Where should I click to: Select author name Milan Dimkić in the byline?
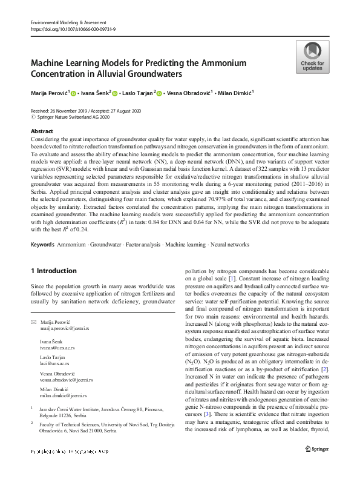pos(235,93)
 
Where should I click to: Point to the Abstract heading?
pos(41,131)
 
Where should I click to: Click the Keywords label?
pos(42,245)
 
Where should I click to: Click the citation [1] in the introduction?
pos(231,277)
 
